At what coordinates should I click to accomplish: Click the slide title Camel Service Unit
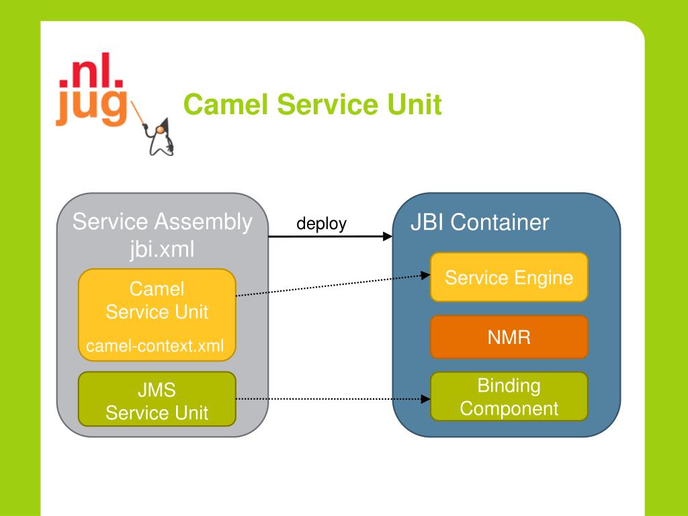(x=312, y=104)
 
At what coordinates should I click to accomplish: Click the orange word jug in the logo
(x=91, y=107)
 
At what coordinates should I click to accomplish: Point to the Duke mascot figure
(x=161, y=136)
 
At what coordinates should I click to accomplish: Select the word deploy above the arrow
(x=322, y=224)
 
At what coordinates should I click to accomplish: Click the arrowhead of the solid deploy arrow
(x=388, y=236)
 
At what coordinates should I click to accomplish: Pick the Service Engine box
(x=509, y=277)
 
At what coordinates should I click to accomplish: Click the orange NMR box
(x=509, y=337)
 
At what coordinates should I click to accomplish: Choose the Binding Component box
(x=509, y=396)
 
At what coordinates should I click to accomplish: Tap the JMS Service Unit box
(x=157, y=399)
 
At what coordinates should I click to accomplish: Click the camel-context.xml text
(x=155, y=346)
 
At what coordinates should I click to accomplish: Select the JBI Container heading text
(x=480, y=222)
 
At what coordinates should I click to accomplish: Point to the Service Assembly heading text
(x=163, y=221)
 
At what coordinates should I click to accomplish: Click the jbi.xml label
(x=162, y=249)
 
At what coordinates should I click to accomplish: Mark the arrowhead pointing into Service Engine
(x=425, y=275)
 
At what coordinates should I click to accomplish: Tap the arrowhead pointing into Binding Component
(x=425, y=399)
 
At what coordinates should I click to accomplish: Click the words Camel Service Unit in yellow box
(x=157, y=300)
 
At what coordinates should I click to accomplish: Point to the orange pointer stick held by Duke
(x=138, y=113)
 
